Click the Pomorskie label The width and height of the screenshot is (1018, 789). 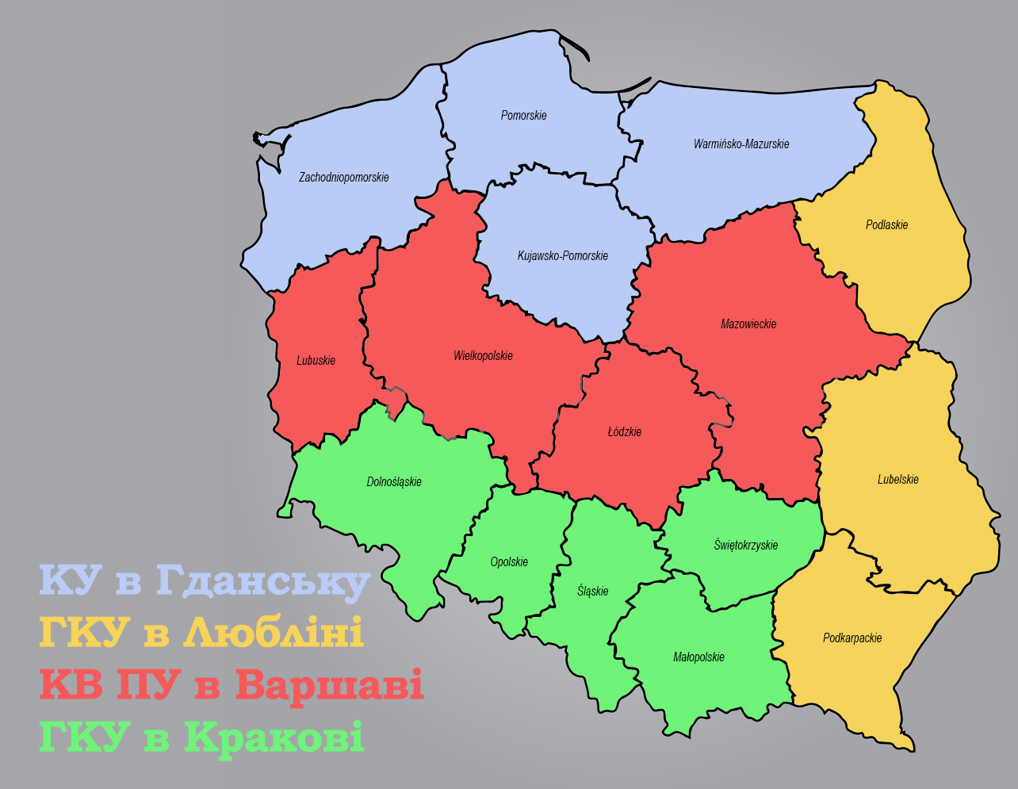pos(523,116)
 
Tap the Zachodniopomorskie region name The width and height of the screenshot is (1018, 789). pos(343,178)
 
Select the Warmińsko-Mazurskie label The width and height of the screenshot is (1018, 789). pos(741,144)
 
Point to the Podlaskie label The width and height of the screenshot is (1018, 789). pos(886,225)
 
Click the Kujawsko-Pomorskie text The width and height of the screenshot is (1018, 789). pos(562,256)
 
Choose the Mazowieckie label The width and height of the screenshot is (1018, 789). pos(748,324)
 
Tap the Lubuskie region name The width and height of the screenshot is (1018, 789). pos(316,361)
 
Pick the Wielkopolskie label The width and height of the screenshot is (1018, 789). pos(483,356)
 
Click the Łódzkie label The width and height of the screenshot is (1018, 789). pos(624,432)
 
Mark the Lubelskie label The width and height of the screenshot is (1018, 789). pos(897,480)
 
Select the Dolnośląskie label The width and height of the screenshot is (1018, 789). pos(394,482)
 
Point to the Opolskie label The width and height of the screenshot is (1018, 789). pos(509,562)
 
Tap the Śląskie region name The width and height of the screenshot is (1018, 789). pos(592,591)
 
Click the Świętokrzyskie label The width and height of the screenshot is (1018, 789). pos(745,546)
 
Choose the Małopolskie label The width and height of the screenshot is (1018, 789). pos(698,657)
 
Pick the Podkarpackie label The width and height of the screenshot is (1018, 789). pos(852,638)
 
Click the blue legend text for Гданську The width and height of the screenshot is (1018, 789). pos(205,581)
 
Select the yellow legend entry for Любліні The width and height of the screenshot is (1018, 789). pos(201,633)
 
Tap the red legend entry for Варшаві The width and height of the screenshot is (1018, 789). pos(231,685)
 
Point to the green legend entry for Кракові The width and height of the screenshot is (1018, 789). pos(201,737)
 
